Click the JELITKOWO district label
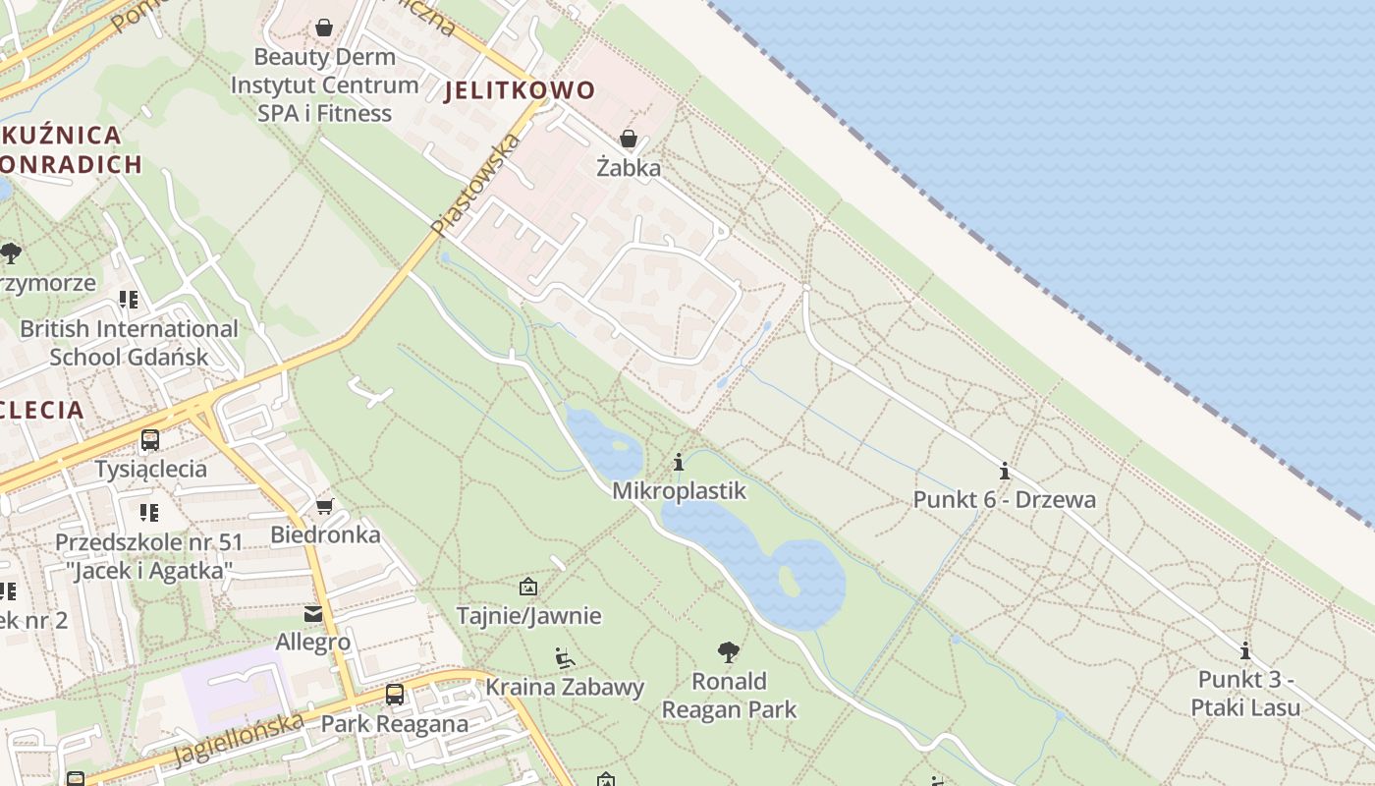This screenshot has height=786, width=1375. tap(520, 90)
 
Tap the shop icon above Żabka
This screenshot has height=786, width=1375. tap(629, 139)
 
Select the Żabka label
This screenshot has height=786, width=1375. tap(629, 168)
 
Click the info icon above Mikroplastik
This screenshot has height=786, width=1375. tap(679, 462)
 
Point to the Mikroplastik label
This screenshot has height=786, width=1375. tap(679, 490)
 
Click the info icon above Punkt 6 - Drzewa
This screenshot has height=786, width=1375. tap(1004, 471)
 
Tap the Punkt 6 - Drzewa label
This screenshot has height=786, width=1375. tap(1004, 499)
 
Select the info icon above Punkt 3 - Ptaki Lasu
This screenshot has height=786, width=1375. tap(1245, 650)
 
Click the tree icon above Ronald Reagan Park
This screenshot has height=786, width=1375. tap(728, 650)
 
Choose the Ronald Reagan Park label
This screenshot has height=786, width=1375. tap(729, 695)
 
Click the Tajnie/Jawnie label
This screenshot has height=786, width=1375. tap(528, 616)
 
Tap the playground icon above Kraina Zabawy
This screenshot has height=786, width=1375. tap(564, 657)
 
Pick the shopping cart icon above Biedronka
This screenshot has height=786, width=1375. tap(324, 506)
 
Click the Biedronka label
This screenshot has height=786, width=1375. tap(325, 535)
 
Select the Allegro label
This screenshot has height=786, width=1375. tap(312, 643)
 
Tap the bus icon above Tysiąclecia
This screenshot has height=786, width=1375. tap(150, 440)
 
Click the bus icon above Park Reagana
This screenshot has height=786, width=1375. tap(394, 695)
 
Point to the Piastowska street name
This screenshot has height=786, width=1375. tap(475, 185)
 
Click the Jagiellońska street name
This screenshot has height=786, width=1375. tap(238, 740)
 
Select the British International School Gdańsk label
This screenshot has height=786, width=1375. tap(129, 343)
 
